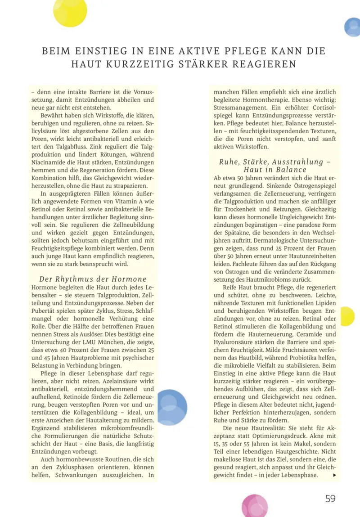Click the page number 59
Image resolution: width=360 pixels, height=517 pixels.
(x=330, y=498)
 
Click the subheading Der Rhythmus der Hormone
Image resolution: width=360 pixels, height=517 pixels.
(x=93, y=279)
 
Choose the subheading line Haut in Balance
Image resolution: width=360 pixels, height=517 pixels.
(x=275, y=170)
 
